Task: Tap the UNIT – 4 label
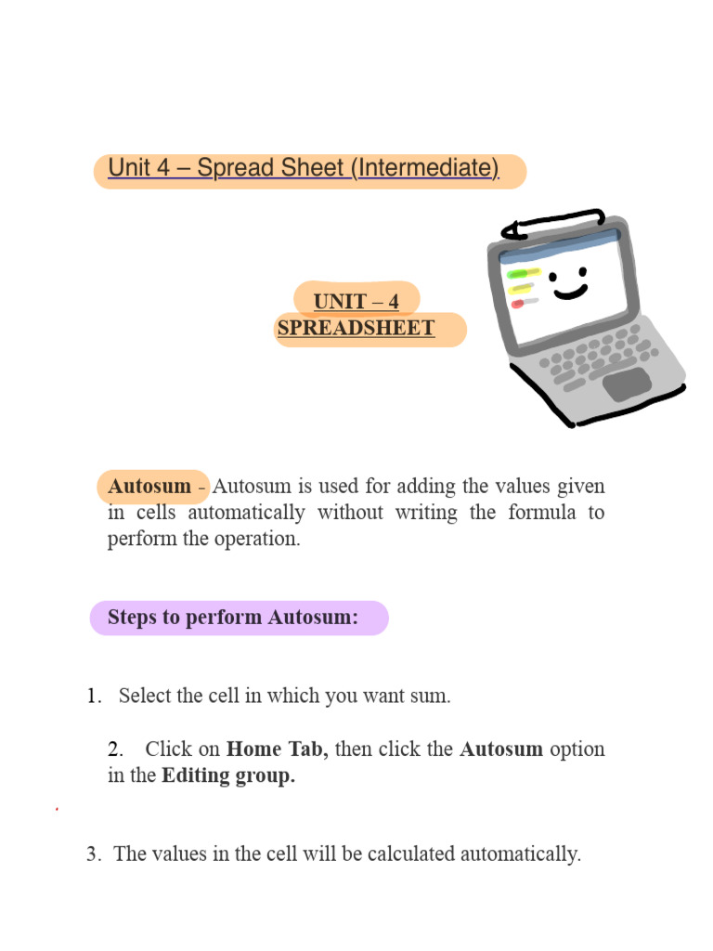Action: tap(356, 302)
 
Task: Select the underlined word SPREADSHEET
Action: tap(356, 328)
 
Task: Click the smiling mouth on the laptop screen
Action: tap(570, 292)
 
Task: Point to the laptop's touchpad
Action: tap(627, 383)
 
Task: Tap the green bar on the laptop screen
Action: tap(524, 273)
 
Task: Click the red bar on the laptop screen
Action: tap(517, 304)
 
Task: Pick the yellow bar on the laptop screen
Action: tap(520, 289)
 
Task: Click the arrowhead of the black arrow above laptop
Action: tap(509, 229)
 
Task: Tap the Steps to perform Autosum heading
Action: tap(233, 618)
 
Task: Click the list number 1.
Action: tap(94, 697)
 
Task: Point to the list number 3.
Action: tap(93, 854)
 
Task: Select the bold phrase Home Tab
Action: tap(277, 749)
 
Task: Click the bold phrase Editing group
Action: tap(228, 776)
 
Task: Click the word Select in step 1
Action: tap(145, 697)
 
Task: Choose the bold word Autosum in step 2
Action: tap(501, 749)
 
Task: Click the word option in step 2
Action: tap(577, 749)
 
